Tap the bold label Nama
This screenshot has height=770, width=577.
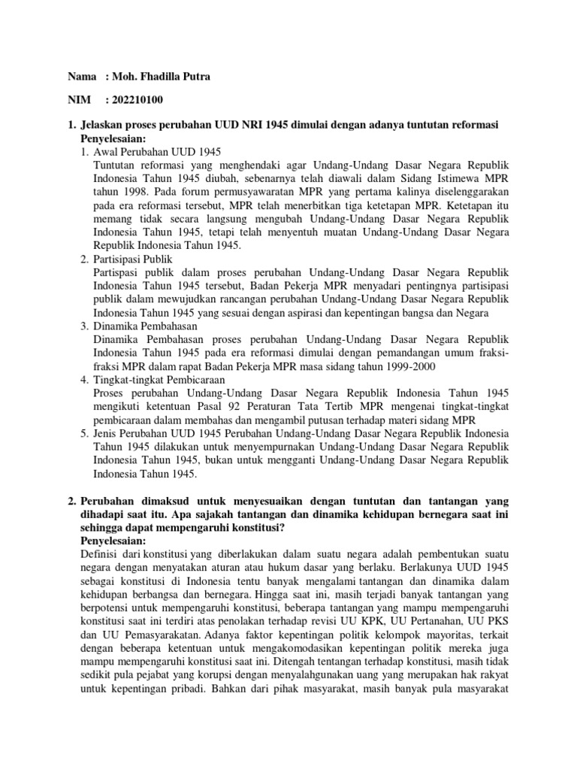tap(83, 77)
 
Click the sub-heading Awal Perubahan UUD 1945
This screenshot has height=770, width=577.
tap(157, 151)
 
